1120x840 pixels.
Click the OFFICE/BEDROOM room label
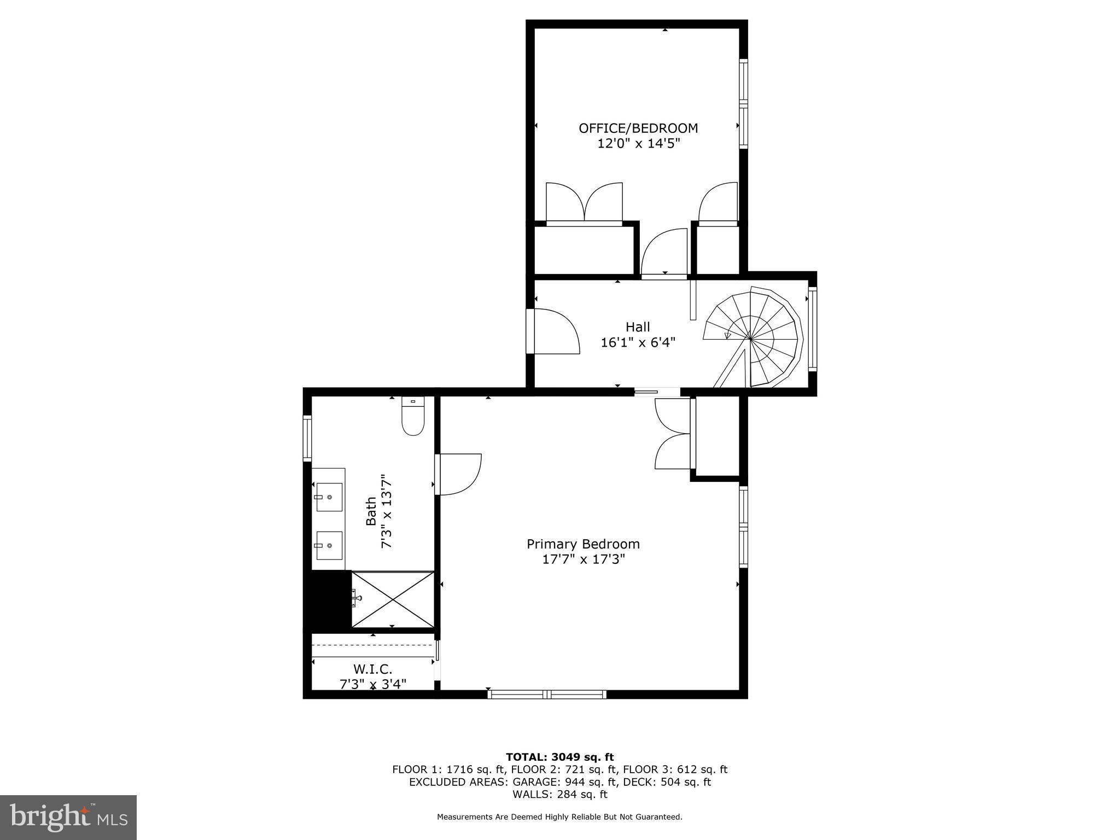(638, 128)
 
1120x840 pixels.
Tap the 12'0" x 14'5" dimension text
(638, 144)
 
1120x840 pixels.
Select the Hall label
(638, 327)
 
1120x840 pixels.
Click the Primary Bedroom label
(583, 544)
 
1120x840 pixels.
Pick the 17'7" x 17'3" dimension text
(583, 559)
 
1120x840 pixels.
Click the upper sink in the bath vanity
(329, 497)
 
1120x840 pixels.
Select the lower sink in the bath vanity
(329, 545)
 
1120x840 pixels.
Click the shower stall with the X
(393, 599)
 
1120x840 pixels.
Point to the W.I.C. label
(372, 669)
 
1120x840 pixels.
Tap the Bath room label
(371, 511)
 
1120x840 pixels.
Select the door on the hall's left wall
(555, 331)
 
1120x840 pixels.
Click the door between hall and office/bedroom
(664, 253)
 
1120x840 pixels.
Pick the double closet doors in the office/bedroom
(584, 203)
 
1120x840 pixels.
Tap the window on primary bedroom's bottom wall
(547, 695)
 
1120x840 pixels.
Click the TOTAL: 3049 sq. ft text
(559, 757)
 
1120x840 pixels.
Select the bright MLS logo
(68, 817)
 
